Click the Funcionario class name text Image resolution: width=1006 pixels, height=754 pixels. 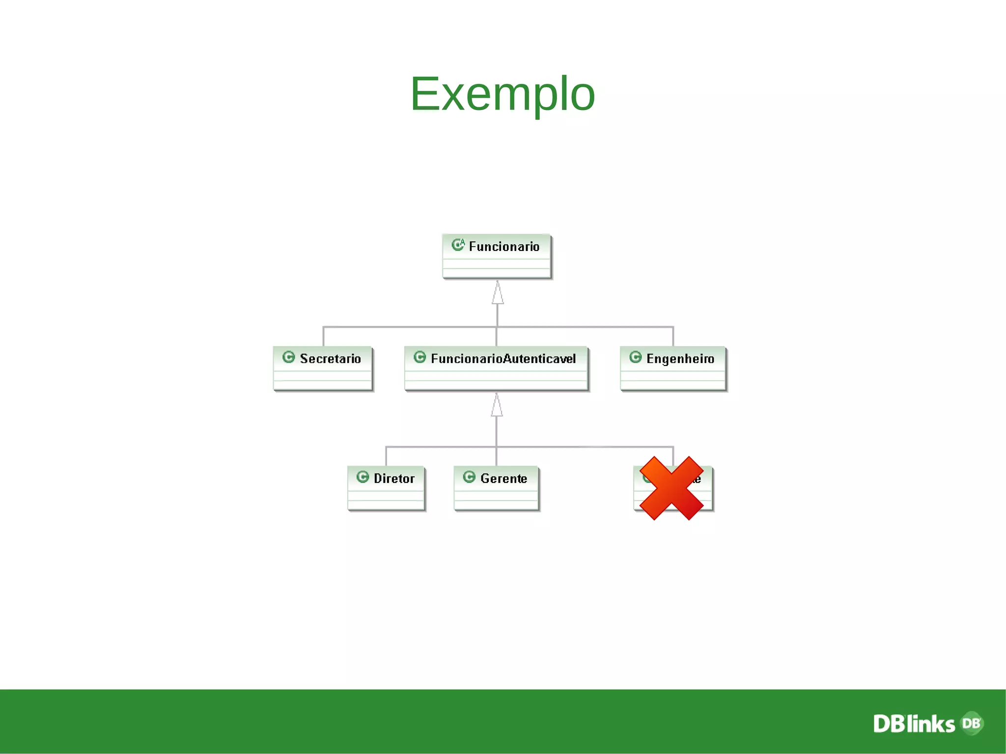click(504, 247)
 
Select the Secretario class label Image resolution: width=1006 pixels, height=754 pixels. click(330, 359)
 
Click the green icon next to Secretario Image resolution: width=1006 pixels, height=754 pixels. click(289, 357)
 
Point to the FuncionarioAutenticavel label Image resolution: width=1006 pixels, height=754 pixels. click(503, 359)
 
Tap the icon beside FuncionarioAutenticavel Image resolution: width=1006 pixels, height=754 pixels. click(419, 357)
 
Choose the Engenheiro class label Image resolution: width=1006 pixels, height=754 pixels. click(680, 359)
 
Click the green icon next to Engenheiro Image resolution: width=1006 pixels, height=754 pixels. click(635, 357)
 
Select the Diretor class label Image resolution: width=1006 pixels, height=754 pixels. click(394, 478)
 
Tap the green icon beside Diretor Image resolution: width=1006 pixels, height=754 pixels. click(363, 477)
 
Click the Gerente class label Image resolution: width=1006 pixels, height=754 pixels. click(503, 478)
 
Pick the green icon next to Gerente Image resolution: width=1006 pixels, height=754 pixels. click(469, 477)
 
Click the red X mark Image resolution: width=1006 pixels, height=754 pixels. click(671, 488)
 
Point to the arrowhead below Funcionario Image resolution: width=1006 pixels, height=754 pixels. click(498, 294)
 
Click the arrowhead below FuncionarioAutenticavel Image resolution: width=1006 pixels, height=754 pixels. click(497, 406)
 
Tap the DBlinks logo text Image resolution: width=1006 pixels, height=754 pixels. click(914, 724)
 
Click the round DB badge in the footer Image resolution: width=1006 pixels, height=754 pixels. click(972, 723)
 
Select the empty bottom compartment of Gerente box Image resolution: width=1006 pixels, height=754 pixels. click(496, 505)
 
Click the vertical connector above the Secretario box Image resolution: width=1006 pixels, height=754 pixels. click(323, 337)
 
